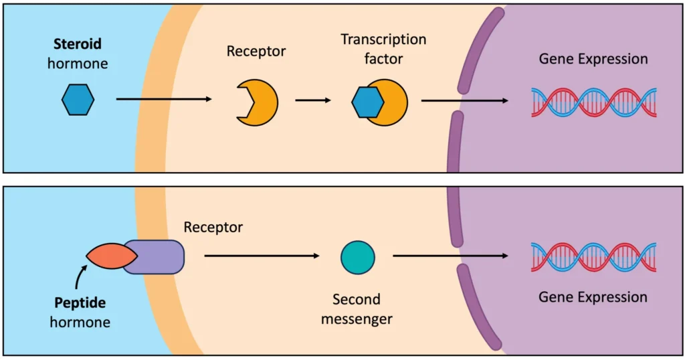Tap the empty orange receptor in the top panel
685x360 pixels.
(x=259, y=102)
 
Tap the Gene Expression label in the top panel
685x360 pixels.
(x=593, y=59)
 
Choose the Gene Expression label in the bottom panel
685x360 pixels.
(x=593, y=297)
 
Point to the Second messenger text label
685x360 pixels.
(x=357, y=309)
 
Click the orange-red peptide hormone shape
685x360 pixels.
(x=111, y=257)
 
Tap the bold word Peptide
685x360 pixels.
(x=80, y=304)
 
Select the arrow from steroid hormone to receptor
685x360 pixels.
(x=163, y=100)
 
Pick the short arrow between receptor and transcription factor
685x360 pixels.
(x=313, y=100)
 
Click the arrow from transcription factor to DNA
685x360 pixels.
(x=464, y=100)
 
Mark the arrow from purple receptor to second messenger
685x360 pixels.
(x=261, y=256)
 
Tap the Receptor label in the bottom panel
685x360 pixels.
(x=213, y=228)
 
